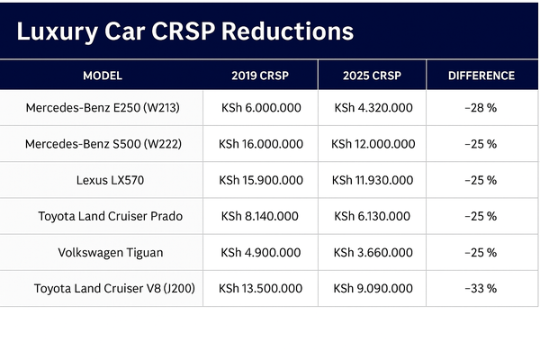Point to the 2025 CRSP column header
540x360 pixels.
(373, 76)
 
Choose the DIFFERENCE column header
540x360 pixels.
(481, 76)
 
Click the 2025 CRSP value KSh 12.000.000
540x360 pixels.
(373, 144)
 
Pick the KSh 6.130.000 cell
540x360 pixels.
(373, 216)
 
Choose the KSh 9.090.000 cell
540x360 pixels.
(373, 289)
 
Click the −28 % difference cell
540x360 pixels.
(481, 108)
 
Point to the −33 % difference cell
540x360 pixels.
(481, 289)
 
